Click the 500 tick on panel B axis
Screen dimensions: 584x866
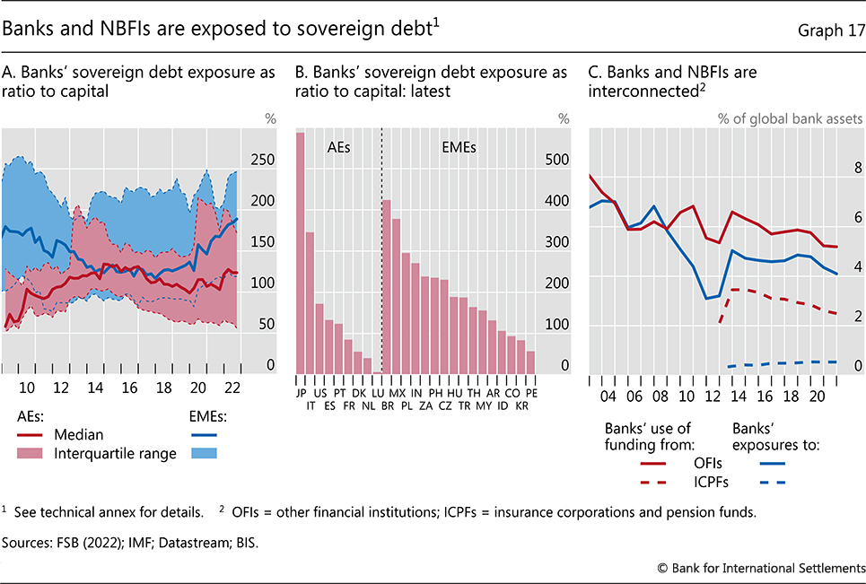tap(558, 160)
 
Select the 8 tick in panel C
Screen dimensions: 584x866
tap(857, 168)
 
